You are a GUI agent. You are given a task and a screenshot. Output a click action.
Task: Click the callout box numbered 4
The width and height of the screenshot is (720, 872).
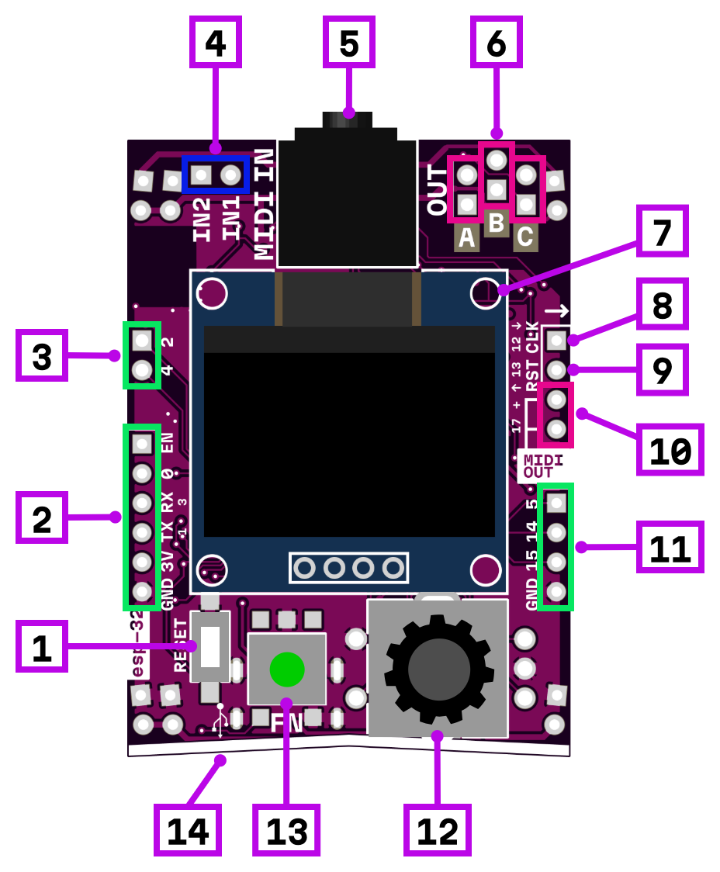215,42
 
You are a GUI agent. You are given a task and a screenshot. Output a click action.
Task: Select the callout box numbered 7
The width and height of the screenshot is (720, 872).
662,231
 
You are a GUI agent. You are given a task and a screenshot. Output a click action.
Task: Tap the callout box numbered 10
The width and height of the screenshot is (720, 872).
670,450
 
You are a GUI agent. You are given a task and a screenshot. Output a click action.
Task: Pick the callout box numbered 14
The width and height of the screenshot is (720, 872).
188,830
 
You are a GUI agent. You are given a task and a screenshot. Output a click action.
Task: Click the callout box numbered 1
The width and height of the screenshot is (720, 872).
42,646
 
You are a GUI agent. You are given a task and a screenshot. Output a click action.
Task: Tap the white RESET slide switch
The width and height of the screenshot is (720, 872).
210,646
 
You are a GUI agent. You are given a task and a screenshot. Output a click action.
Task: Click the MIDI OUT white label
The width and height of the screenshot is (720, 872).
543,466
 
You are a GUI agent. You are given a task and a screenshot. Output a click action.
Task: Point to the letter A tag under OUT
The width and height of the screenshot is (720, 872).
466,238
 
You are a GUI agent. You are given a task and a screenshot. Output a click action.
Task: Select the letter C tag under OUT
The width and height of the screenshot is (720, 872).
525,237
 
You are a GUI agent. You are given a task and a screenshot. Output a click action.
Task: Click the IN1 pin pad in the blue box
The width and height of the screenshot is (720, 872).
230,175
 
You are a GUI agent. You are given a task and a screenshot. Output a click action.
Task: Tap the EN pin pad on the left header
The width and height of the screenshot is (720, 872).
142,444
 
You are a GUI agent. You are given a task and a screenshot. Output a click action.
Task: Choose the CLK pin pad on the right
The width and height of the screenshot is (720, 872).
556,340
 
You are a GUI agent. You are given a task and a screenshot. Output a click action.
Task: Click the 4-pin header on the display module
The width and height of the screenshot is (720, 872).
348,568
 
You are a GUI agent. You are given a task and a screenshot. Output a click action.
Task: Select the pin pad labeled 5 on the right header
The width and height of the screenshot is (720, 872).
556,503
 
